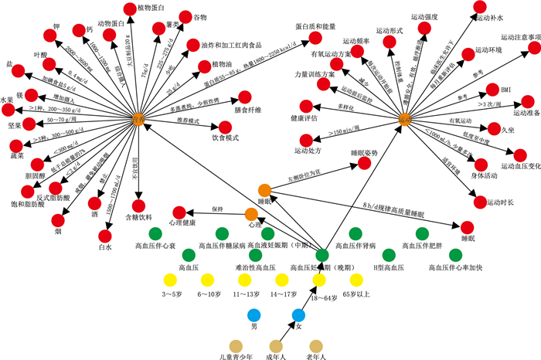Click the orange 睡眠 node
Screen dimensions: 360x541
(265, 190)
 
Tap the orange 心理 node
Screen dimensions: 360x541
(251, 214)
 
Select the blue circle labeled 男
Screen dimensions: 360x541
(252, 314)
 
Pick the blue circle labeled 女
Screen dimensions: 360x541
(298, 314)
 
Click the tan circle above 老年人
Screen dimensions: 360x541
(315, 345)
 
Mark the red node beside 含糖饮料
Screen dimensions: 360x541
(138, 206)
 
